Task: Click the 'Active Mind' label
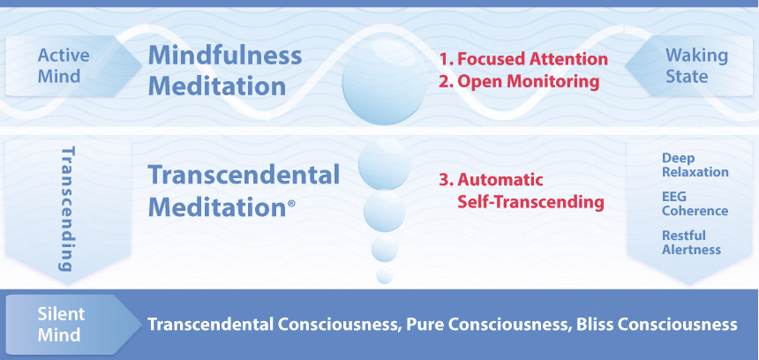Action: click(64, 66)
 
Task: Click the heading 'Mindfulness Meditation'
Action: click(225, 71)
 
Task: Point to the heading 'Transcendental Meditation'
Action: click(244, 191)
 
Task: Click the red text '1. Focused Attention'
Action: click(523, 59)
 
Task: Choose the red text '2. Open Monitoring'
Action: click(520, 82)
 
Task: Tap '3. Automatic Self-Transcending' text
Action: click(522, 191)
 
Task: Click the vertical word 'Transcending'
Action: click(68, 208)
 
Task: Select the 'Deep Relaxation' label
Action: click(695, 165)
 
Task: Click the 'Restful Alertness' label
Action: click(691, 243)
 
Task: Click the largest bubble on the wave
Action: click(384, 81)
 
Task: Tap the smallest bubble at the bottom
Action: click(385, 276)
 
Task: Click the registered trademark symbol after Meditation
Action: click(291, 204)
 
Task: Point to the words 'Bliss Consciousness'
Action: click(657, 324)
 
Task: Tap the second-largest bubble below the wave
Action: click(384, 164)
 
